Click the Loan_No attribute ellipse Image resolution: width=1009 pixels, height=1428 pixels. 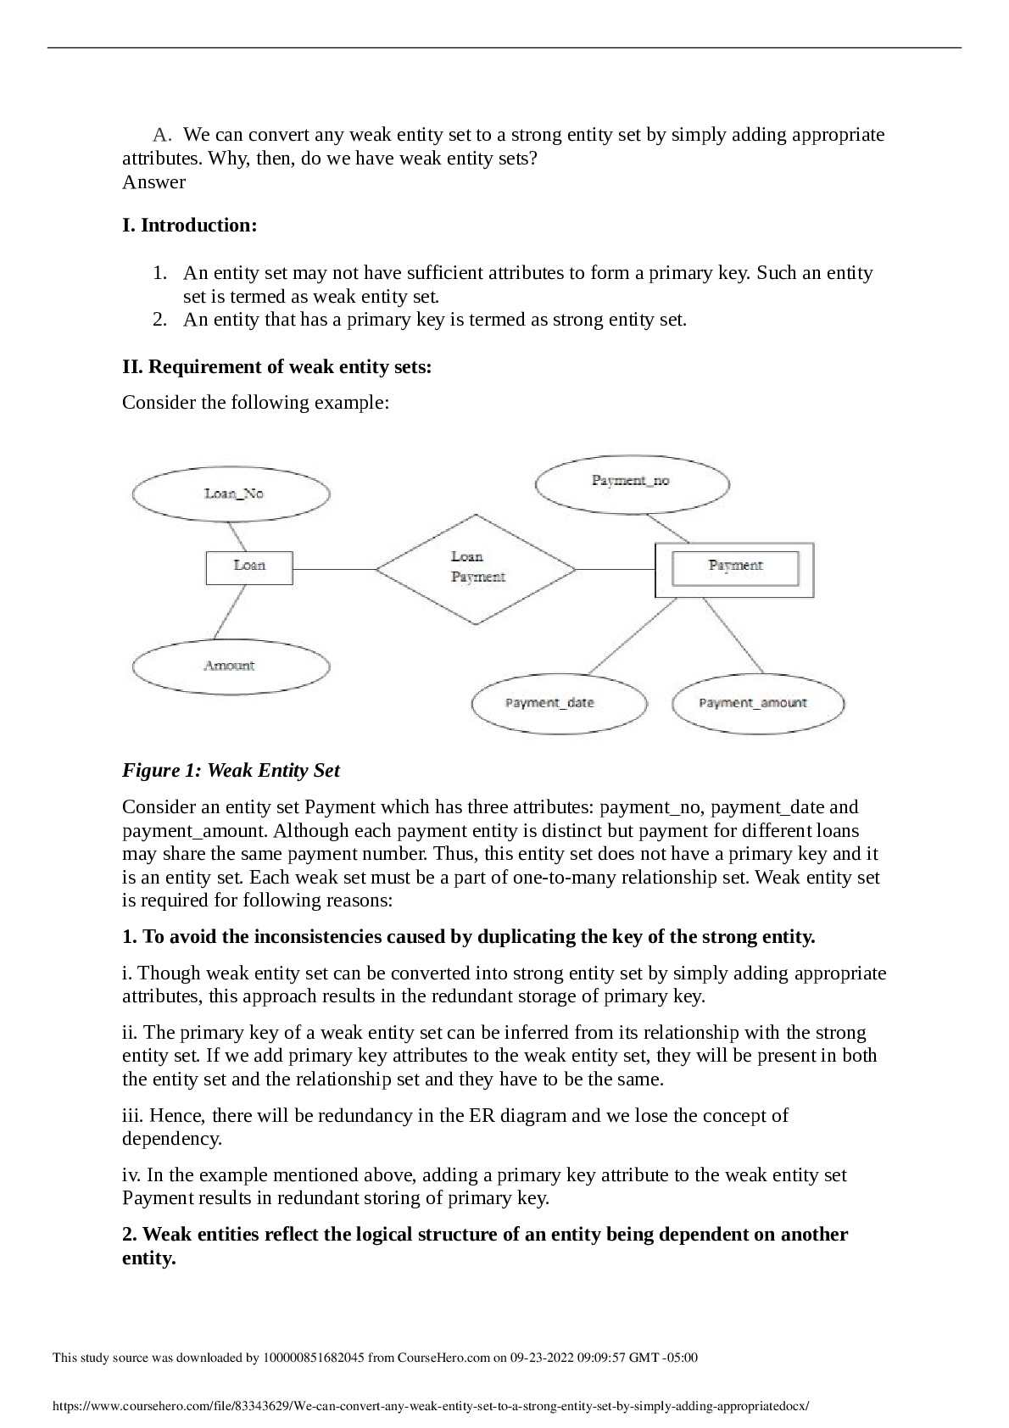point(231,494)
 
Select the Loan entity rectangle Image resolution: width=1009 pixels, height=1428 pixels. point(249,567)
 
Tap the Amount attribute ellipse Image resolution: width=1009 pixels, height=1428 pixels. point(231,667)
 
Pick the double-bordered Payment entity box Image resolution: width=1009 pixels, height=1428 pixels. point(734,569)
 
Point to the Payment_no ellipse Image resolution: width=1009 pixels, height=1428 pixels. point(632,482)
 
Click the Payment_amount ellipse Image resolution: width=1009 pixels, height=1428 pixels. point(757,703)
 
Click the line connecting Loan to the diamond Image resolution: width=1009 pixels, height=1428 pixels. point(334,568)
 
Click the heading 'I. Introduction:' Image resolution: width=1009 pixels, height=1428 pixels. point(189,226)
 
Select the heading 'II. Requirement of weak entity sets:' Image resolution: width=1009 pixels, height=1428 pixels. point(276,367)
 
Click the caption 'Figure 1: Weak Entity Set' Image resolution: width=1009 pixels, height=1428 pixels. point(231,771)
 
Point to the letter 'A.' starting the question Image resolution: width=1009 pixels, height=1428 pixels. point(162,135)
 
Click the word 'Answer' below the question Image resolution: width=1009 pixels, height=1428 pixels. point(153,182)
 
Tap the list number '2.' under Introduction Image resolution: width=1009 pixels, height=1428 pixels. point(159,320)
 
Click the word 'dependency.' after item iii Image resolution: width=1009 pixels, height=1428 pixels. point(172,1139)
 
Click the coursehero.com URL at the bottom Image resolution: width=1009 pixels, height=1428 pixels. point(431,1406)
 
